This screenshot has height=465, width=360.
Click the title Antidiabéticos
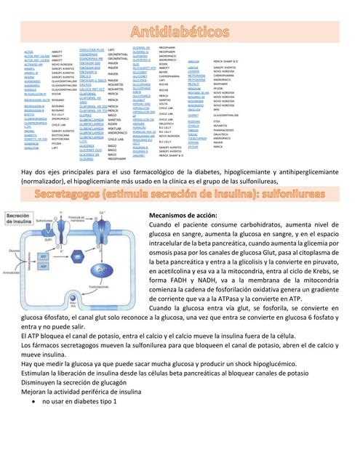pyautogui.click(x=180, y=31)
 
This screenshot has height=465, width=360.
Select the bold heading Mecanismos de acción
pyautogui.click(x=183, y=216)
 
